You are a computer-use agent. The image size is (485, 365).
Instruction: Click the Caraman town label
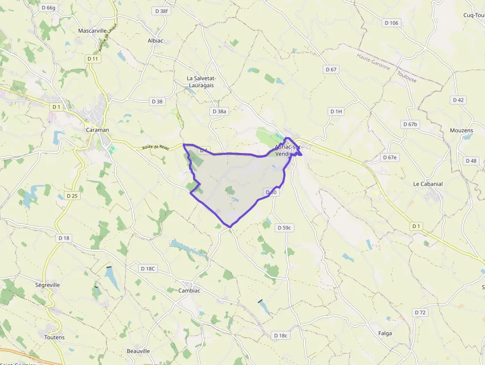pos(97,130)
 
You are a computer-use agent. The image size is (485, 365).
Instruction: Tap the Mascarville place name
pos(93,31)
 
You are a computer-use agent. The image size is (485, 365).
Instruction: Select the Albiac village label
pos(155,41)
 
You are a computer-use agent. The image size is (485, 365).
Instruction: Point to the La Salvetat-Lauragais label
pos(200,82)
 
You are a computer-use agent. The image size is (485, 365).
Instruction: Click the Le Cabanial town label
pos(428,184)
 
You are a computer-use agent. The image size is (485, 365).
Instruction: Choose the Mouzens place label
pos(461,131)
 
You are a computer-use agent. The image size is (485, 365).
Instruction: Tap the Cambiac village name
pos(190,291)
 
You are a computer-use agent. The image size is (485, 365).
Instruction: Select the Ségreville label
pos(48,285)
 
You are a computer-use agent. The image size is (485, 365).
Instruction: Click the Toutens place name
pos(54,337)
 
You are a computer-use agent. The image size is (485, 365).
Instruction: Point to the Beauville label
pos(138,351)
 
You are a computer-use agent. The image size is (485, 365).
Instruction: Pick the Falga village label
pos(385,333)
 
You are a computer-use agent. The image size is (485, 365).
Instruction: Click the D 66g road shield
pos(49,7)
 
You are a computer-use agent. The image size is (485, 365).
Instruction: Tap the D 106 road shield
pos(391,23)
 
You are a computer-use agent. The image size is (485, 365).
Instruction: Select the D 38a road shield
pos(219,111)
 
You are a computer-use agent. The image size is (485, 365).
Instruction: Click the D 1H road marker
pos(336,111)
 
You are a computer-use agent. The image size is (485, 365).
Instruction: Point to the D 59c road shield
pos(284,228)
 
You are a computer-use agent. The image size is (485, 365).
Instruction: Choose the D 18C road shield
pos(147,269)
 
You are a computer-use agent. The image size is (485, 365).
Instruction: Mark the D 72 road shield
pos(420,313)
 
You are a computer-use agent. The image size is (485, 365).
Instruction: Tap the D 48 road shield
pos(471,161)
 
